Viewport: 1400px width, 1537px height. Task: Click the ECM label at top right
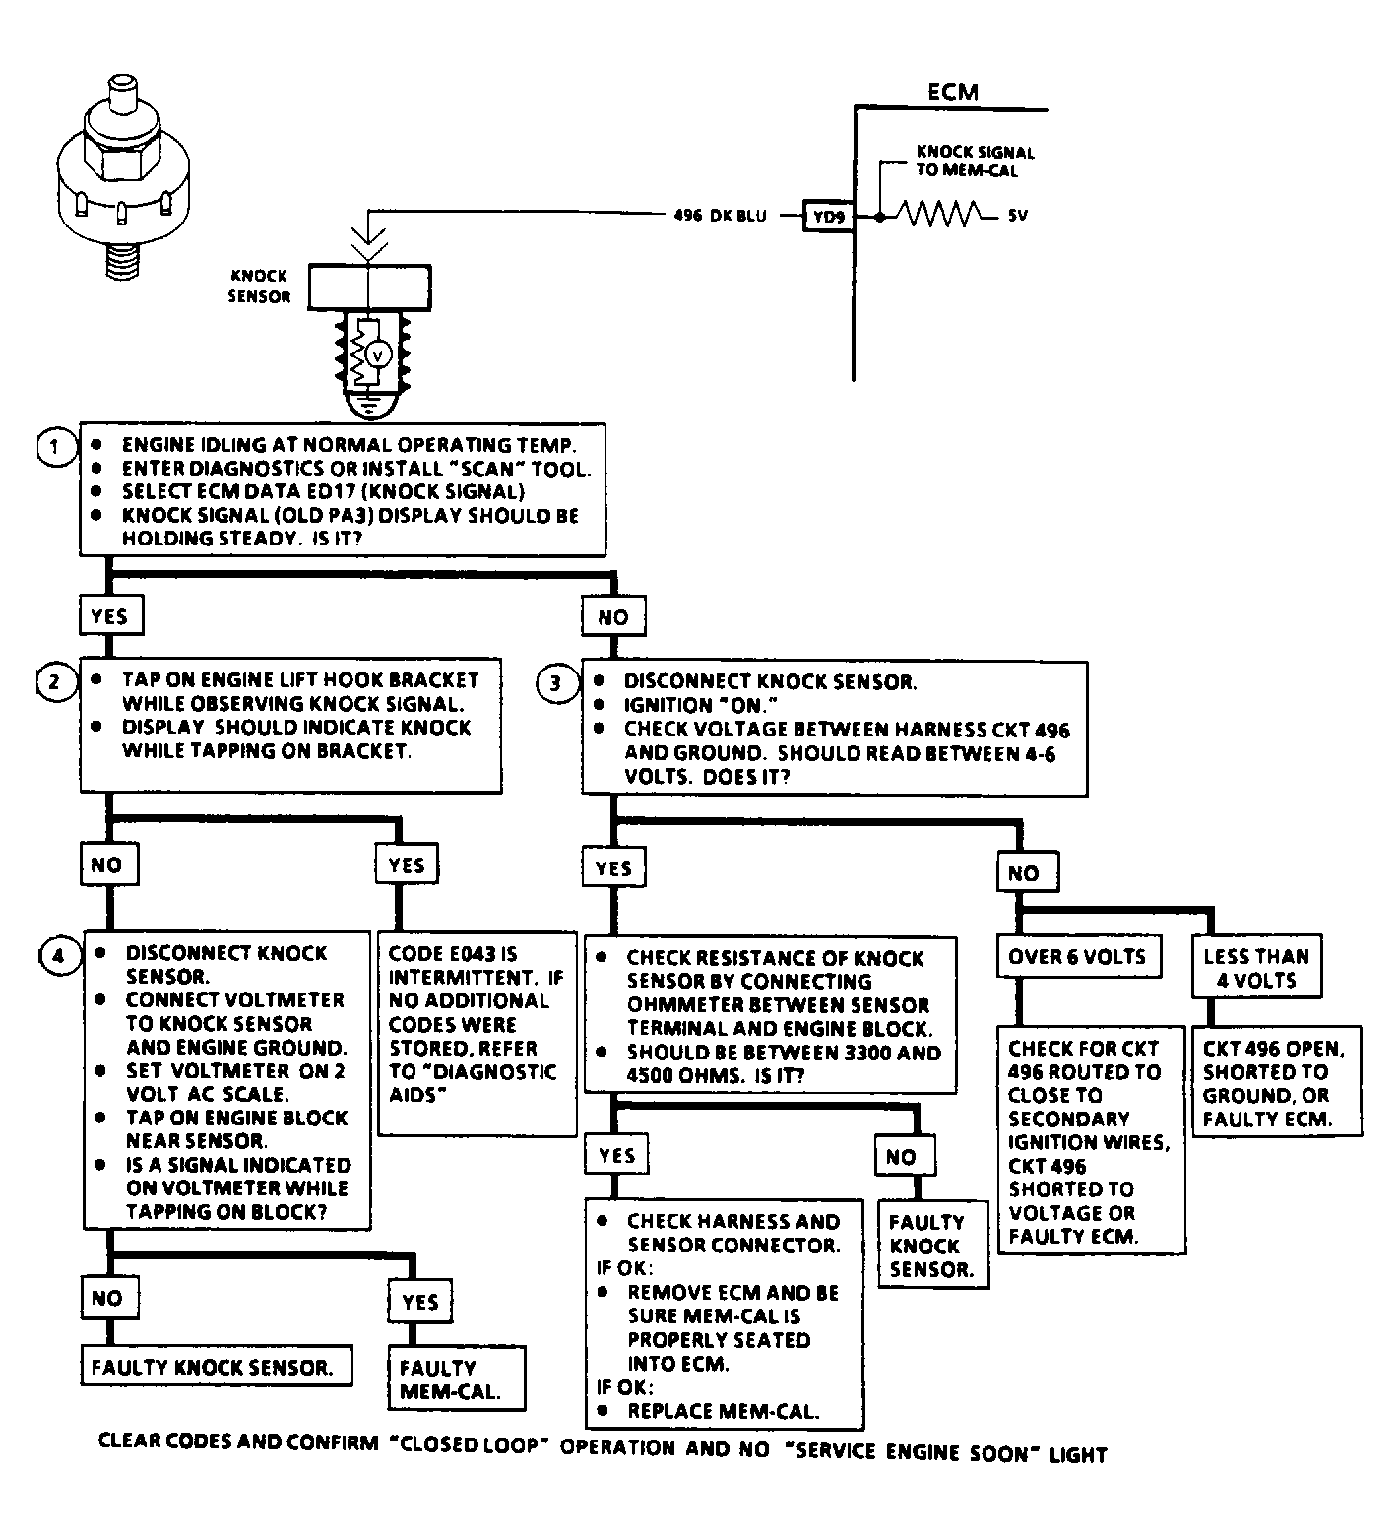[x=952, y=93]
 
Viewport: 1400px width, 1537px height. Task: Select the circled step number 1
[x=56, y=446]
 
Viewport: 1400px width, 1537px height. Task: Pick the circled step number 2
[x=55, y=680]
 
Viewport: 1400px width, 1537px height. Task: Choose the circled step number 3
[x=557, y=682]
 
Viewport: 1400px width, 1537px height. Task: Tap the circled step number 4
[x=59, y=955]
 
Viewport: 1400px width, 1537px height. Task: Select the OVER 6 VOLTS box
[x=1077, y=957]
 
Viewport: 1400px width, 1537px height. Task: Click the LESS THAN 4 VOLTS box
[x=1255, y=968]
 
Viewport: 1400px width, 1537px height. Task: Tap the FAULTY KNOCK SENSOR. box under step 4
[x=215, y=1367]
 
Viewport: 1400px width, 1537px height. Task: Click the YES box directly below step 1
[x=109, y=616]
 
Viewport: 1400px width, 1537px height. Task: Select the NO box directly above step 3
[x=612, y=617]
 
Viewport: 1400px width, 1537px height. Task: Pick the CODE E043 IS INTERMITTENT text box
[x=477, y=1034]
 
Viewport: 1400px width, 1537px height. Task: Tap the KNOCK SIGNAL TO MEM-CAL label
[x=975, y=161]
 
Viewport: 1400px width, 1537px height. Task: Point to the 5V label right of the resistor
[x=1017, y=215]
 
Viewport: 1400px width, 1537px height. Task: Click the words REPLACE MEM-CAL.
[x=723, y=1411]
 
